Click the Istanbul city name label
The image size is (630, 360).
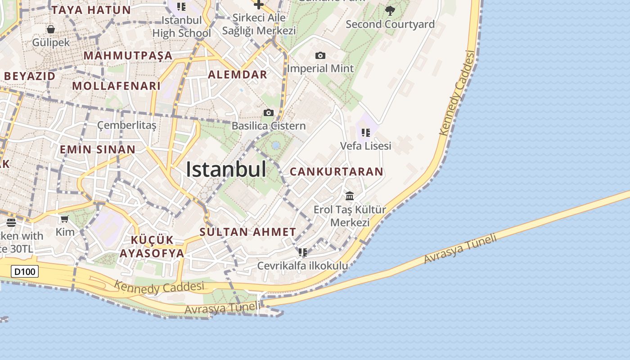pos(226,170)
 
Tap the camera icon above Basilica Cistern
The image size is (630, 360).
pos(269,112)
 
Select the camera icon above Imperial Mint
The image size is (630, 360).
pos(320,56)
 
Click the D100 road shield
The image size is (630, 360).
pos(25,271)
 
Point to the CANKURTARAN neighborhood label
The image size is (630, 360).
pos(337,171)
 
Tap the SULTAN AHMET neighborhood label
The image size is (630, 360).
pos(248,232)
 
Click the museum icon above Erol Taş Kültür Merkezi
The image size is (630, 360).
pos(350,196)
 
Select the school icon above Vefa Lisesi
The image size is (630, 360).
pos(366,132)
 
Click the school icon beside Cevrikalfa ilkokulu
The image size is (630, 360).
pos(303,252)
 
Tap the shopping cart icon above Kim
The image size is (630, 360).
pos(64,219)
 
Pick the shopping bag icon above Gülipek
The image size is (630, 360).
pos(51,29)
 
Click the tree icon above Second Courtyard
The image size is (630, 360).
pos(390,10)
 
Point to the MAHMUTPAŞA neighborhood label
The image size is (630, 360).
pos(128,56)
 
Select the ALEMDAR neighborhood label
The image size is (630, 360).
pos(238,75)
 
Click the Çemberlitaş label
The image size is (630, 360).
pos(127,125)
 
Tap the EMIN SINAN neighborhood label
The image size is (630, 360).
pos(98,149)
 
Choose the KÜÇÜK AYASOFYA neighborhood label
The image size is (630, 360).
pos(152,246)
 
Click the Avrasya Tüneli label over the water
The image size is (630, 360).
pos(461,248)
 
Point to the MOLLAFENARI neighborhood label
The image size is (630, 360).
pos(117,86)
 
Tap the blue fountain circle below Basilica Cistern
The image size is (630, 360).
pos(276,146)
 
